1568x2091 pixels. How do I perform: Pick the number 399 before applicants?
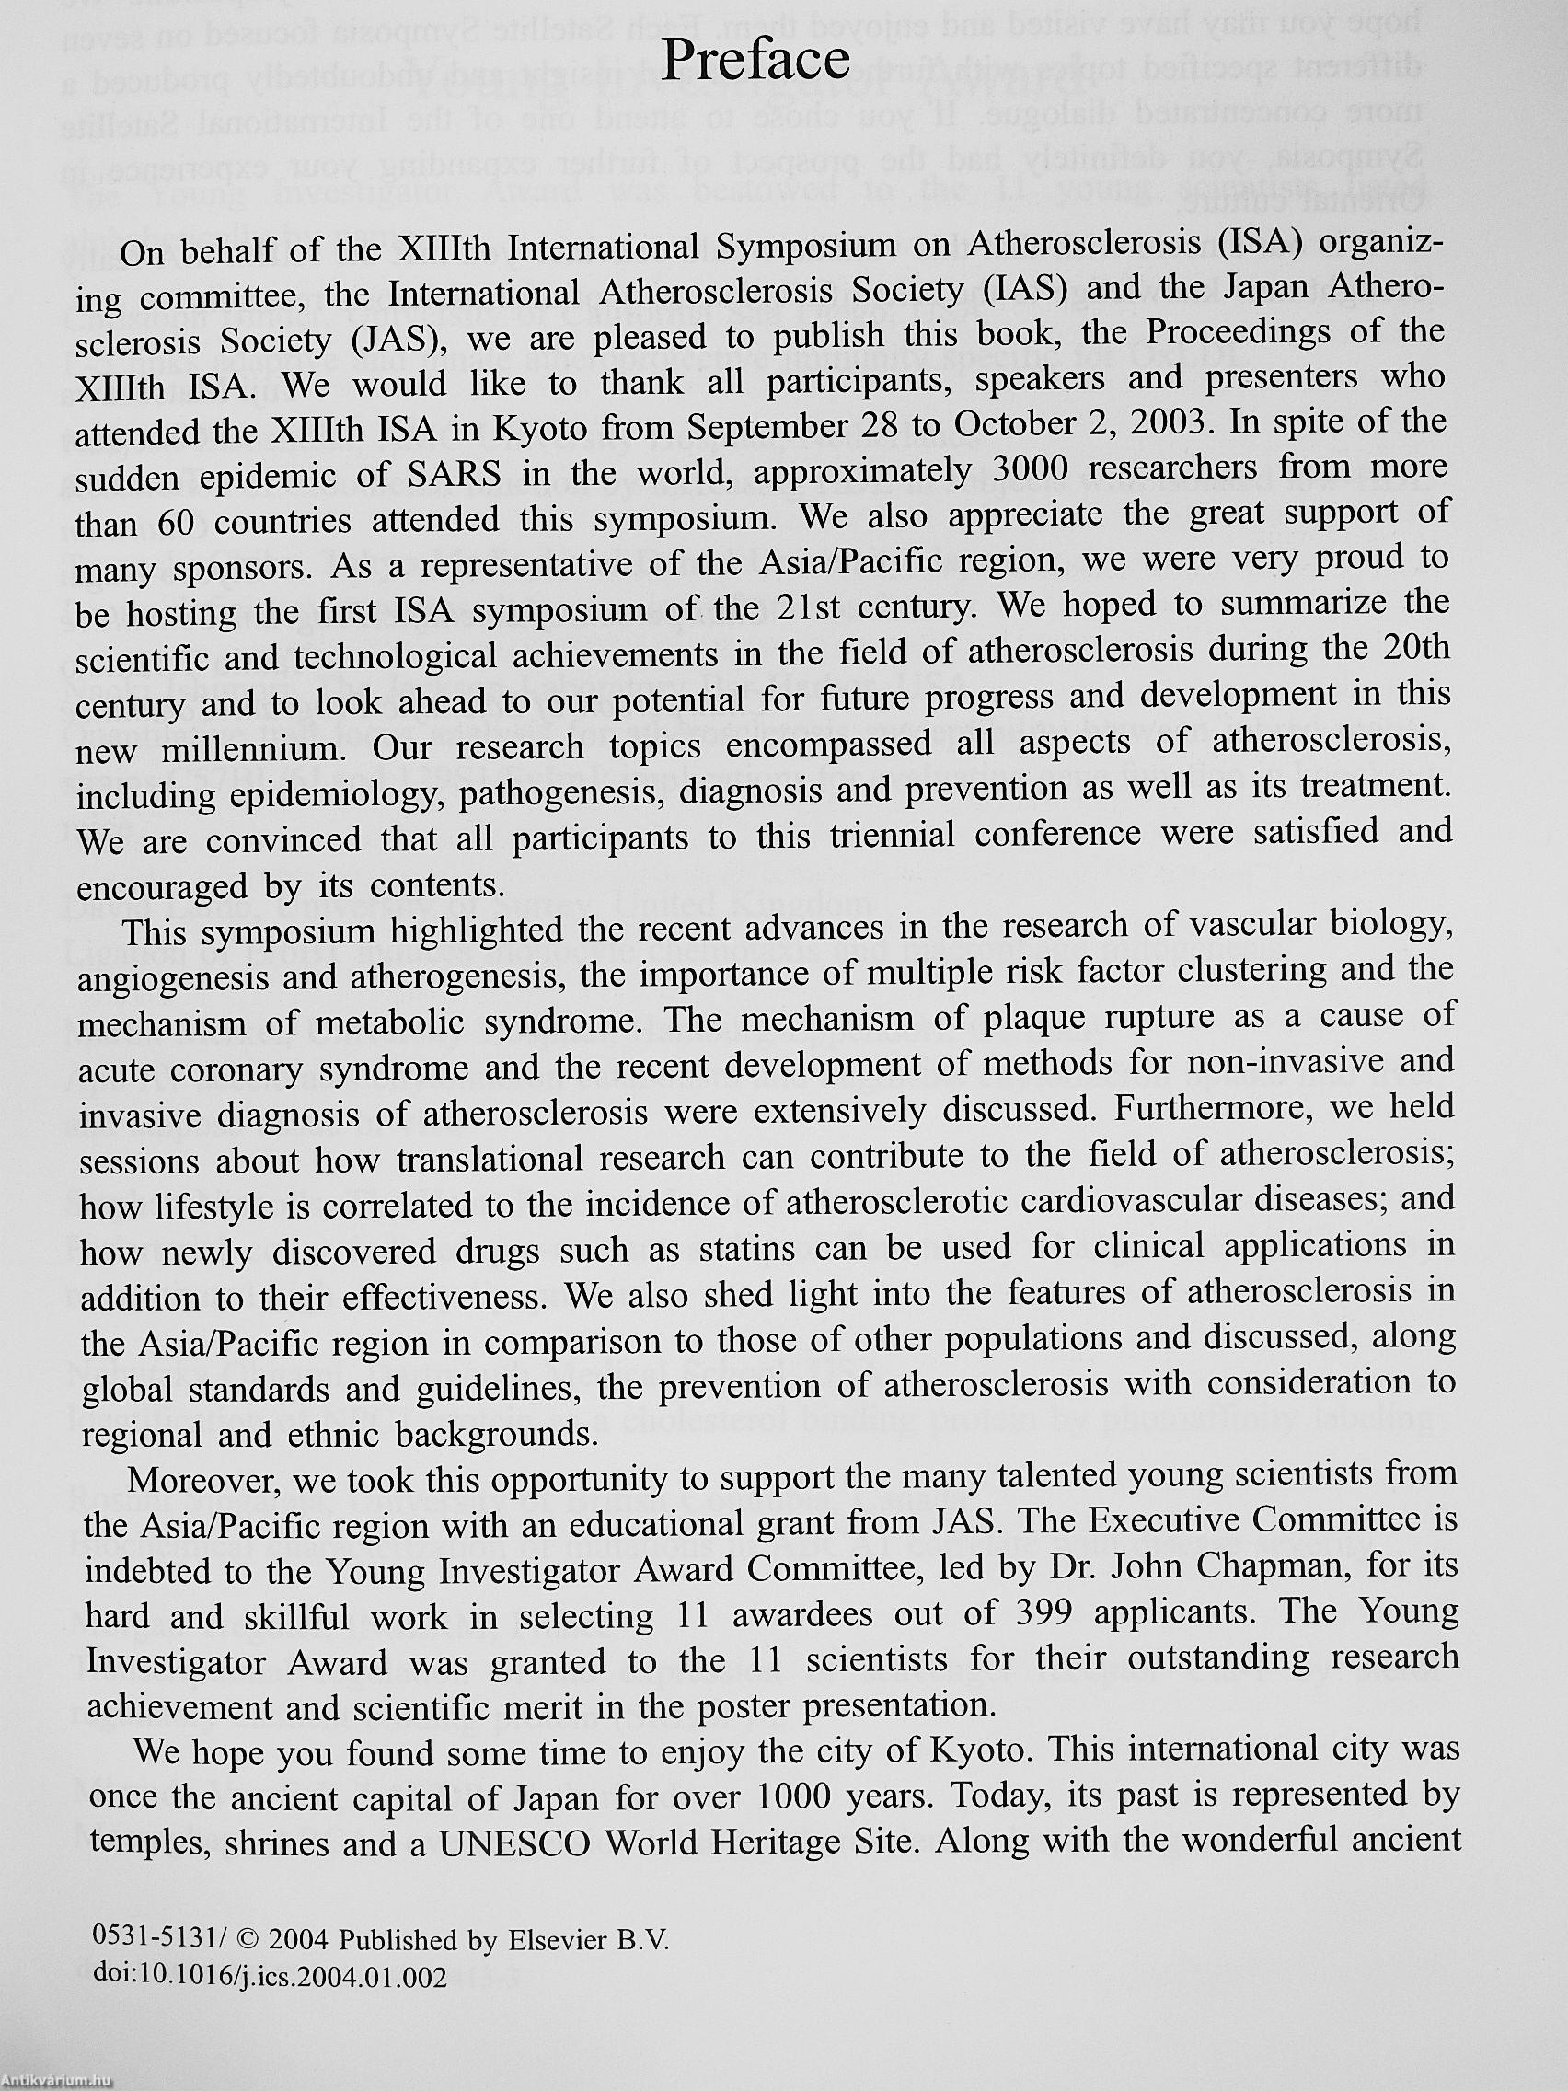click(x=1023, y=1612)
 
